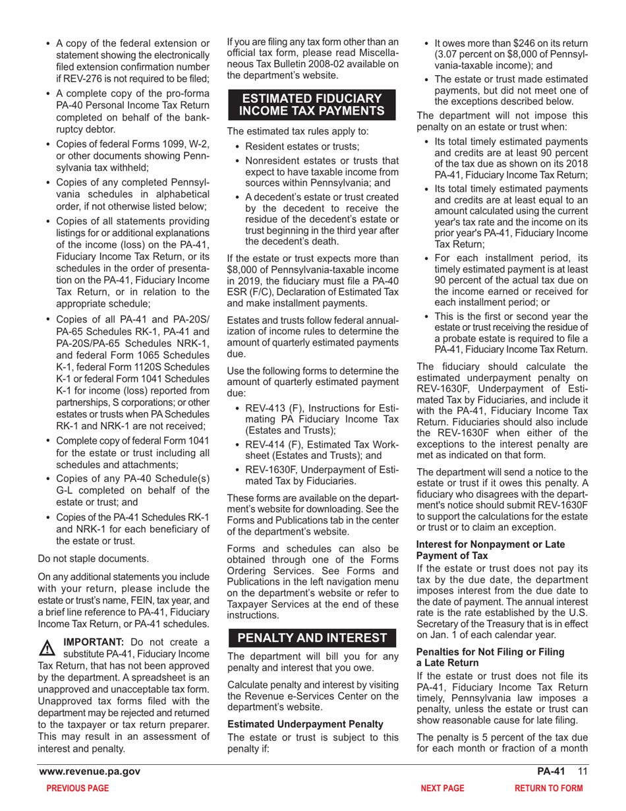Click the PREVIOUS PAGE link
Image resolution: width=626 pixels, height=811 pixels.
[x=77, y=788]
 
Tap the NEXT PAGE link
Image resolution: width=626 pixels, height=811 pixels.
[x=442, y=788]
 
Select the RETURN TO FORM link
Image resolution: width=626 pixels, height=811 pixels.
[x=548, y=788]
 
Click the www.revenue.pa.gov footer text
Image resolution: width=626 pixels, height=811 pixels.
[x=90, y=771]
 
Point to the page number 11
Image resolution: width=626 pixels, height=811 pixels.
[x=583, y=771]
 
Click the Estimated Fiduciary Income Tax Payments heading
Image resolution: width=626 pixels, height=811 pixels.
[x=312, y=105]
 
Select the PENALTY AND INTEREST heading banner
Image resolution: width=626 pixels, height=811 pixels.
[x=312, y=638]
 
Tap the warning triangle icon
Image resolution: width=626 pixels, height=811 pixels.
[x=47, y=648]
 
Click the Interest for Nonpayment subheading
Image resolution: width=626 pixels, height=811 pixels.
[x=491, y=550]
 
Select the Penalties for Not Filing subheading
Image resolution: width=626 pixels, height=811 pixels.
[x=490, y=657]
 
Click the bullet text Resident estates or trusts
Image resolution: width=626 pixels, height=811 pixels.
[x=302, y=146]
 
